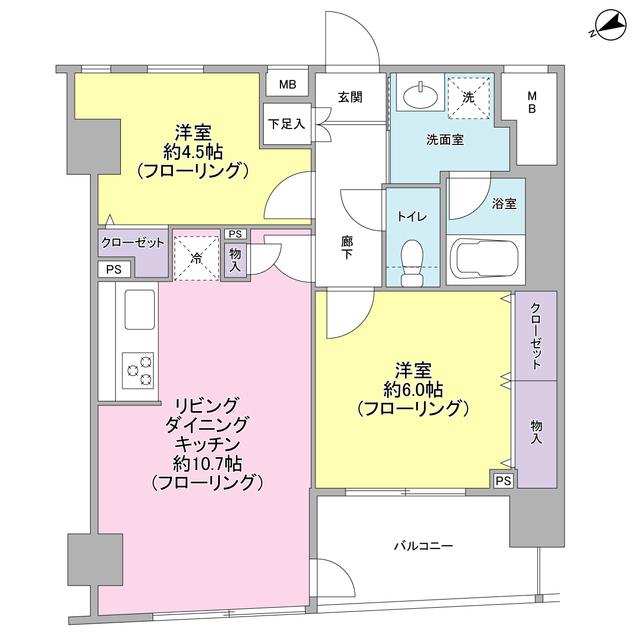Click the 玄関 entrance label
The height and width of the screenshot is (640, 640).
pyautogui.click(x=349, y=97)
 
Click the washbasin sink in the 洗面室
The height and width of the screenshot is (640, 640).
pyautogui.click(x=419, y=97)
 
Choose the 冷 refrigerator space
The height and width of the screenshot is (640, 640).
pyautogui.click(x=196, y=256)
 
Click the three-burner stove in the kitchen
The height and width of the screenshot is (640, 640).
pyautogui.click(x=138, y=369)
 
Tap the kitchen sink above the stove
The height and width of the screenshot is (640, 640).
pyautogui.click(x=139, y=312)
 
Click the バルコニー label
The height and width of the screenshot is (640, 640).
pyautogui.click(x=423, y=546)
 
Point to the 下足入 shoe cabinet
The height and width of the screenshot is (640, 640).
pyautogui.click(x=286, y=125)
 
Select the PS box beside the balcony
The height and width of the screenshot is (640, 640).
pyautogui.click(x=503, y=480)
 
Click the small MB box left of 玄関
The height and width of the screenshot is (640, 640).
pyautogui.click(x=287, y=84)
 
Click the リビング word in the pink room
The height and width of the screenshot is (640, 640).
pyautogui.click(x=207, y=405)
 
